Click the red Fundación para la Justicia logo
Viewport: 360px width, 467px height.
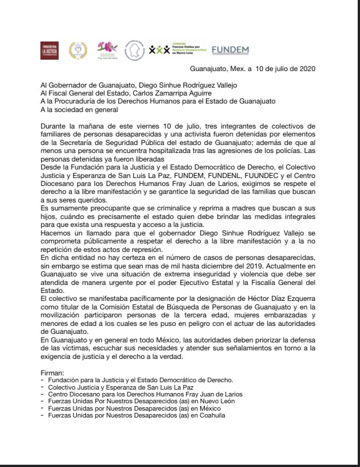coord(49,50)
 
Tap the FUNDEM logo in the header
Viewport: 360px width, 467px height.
coord(230,50)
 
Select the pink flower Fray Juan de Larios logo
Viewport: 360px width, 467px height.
coord(107,49)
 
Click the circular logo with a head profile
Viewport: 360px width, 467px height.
coord(134,50)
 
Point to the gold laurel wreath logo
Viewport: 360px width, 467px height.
coord(78,50)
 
